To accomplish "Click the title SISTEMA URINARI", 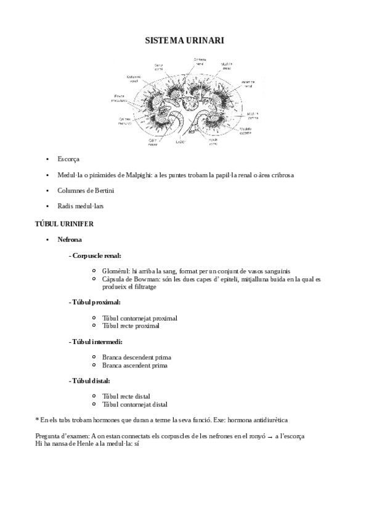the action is [x=184, y=41].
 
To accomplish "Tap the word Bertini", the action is [x=103, y=190].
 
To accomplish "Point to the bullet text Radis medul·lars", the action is [x=81, y=206].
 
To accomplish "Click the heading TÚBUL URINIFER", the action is [x=65, y=223].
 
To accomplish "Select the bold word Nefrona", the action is [x=70, y=239].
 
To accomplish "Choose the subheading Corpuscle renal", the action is [x=96, y=255].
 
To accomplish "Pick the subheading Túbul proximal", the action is [x=95, y=302].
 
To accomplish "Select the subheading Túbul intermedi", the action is [x=97, y=341].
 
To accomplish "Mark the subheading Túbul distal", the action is [x=91, y=381].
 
